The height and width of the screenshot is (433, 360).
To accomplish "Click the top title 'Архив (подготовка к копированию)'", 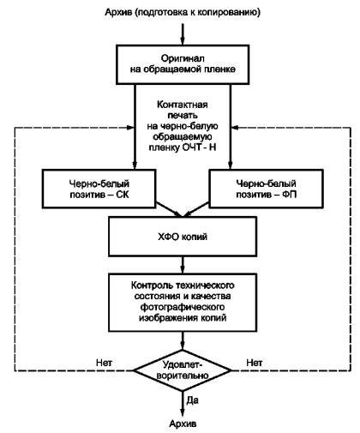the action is [183, 13].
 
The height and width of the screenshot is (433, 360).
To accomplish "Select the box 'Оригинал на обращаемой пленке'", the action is [183, 64].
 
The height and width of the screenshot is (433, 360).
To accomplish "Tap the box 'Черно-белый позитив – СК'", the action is [99, 189].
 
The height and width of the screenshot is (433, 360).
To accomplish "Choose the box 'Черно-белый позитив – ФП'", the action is [267, 189].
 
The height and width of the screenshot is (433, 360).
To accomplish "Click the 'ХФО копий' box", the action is [183, 237].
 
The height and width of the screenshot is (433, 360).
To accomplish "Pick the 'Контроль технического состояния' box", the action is [183, 303].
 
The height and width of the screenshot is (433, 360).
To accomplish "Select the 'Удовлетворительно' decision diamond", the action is [183, 370].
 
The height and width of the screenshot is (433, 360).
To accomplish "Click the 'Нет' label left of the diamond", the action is [104, 363].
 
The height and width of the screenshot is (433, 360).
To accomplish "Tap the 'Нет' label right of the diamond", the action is [255, 363].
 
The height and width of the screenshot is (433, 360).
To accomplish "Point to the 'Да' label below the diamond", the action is [192, 400].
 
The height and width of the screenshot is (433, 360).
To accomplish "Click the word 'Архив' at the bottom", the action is [183, 424].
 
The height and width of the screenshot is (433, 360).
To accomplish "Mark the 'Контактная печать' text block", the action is [183, 126].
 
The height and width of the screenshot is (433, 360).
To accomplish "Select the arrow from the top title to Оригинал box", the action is [183, 34].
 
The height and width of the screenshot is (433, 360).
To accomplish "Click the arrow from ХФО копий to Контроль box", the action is [183, 265].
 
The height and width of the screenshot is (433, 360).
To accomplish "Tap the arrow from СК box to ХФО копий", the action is [169, 209].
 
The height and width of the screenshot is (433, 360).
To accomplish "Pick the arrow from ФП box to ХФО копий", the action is [196, 209].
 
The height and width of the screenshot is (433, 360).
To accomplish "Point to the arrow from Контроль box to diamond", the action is [183, 340].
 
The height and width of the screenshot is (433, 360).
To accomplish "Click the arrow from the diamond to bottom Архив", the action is [183, 404].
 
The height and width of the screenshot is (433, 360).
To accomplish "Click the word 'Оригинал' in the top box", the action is [183, 58].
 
